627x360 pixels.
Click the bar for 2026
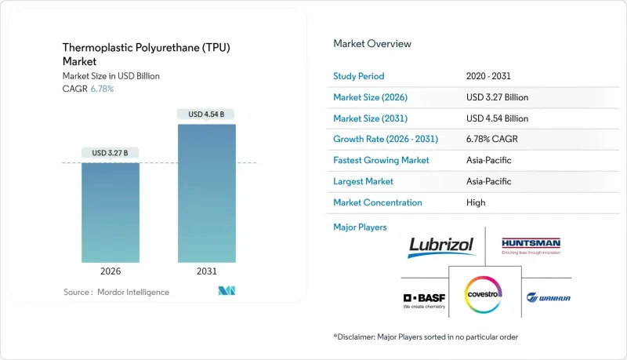coord(111,212)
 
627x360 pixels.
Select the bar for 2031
coord(207,193)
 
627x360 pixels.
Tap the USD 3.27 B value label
coord(111,152)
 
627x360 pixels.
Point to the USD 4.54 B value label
coord(207,115)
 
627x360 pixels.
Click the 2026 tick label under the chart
coord(111,271)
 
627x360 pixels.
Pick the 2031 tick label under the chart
coord(207,271)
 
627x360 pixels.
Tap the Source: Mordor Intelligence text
coord(116,292)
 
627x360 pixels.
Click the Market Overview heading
coord(372,43)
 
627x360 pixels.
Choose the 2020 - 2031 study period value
coord(492,76)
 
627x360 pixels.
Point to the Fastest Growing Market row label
coord(382,160)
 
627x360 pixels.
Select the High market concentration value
coord(475,202)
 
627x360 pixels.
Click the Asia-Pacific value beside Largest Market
coord(488,181)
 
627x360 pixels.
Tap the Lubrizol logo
coord(441,245)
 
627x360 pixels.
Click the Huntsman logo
coord(532,245)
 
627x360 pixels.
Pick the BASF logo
coord(423,300)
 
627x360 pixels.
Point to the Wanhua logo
coord(548,296)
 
